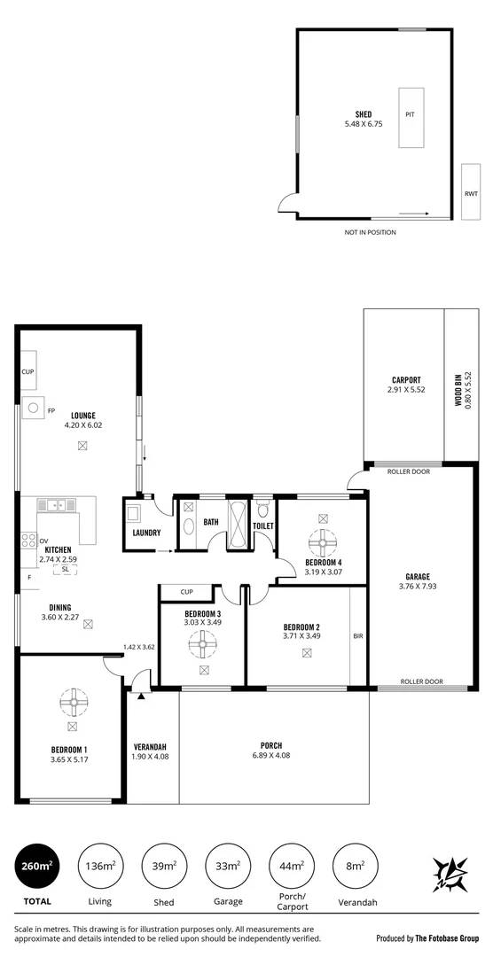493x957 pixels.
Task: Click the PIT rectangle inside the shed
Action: (410, 118)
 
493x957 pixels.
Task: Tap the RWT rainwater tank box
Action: (470, 193)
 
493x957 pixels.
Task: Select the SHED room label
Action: (363, 113)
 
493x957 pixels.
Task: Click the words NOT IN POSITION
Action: (370, 232)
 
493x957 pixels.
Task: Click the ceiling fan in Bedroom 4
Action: (321, 541)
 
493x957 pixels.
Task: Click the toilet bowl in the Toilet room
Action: (263, 510)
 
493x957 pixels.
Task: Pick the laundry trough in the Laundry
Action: (135, 513)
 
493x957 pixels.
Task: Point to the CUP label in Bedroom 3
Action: (187, 591)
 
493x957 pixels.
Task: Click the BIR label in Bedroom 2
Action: (358, 635)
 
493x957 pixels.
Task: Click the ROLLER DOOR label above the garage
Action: (409, 471)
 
